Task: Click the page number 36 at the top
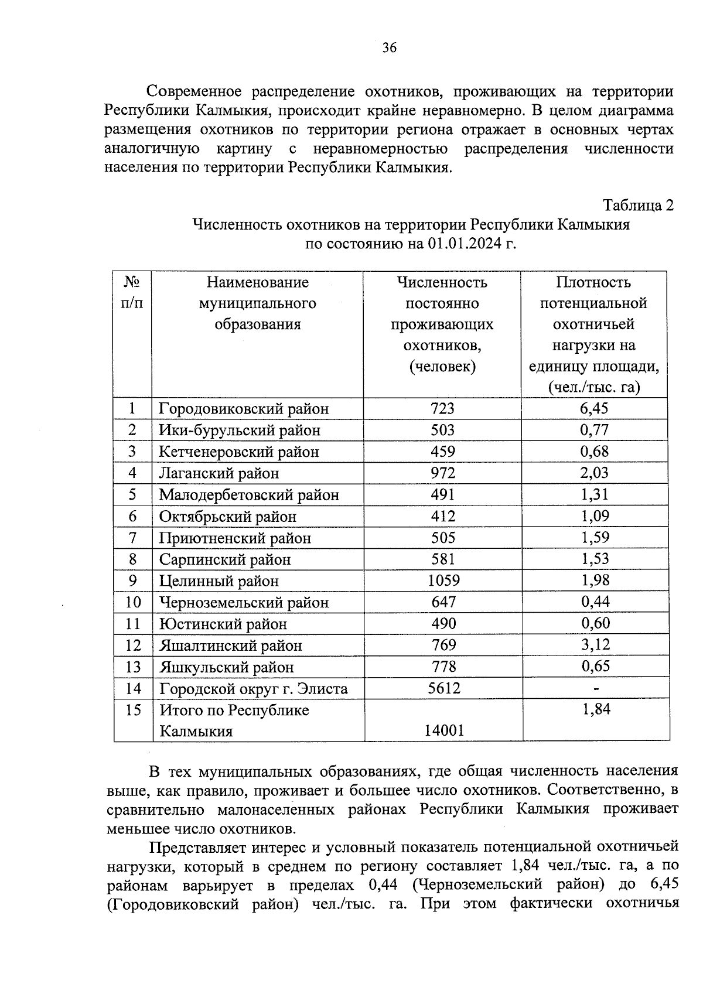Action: pyautogui.click(x=389, y=48)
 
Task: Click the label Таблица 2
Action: pyautogui.click(x=639, y=206)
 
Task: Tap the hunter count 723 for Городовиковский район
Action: pyautogui.click(x=442, y=408)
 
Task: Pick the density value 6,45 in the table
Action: pyautogui.click(x=594, y=408)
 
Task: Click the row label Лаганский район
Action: pyautogui.click(x=219, y=473)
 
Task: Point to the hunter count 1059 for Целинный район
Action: pyautogui.click(x=443, y=580)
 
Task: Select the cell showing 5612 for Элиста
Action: pyautogui.click(x=443, y=688)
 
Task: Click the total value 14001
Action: pyautogui.click(x=443, y=730)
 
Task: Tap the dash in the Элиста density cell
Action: pyautogui.click(x=596, y=689)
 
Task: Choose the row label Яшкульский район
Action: pyautogui.click(x=226, y=667)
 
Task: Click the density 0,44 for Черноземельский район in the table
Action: pyautogui.click(x=595, y=602)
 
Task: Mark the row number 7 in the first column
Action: pyautogui.click(x=132, y=538)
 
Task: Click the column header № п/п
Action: pyautogui.click(x=132, y=292)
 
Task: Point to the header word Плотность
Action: pyautogui.click(x=593, y=282)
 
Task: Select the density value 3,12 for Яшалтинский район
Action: pyautogui.click(x=595, y=645)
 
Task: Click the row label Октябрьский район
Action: pyautogui.click(x=227, y=517)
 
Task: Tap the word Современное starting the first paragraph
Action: pyautogui.click(x=193, y=92)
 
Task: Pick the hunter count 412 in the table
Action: pyautogui.click(x=442, y=516)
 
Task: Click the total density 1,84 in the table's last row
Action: pyautogui.click(x=596, y=709)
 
